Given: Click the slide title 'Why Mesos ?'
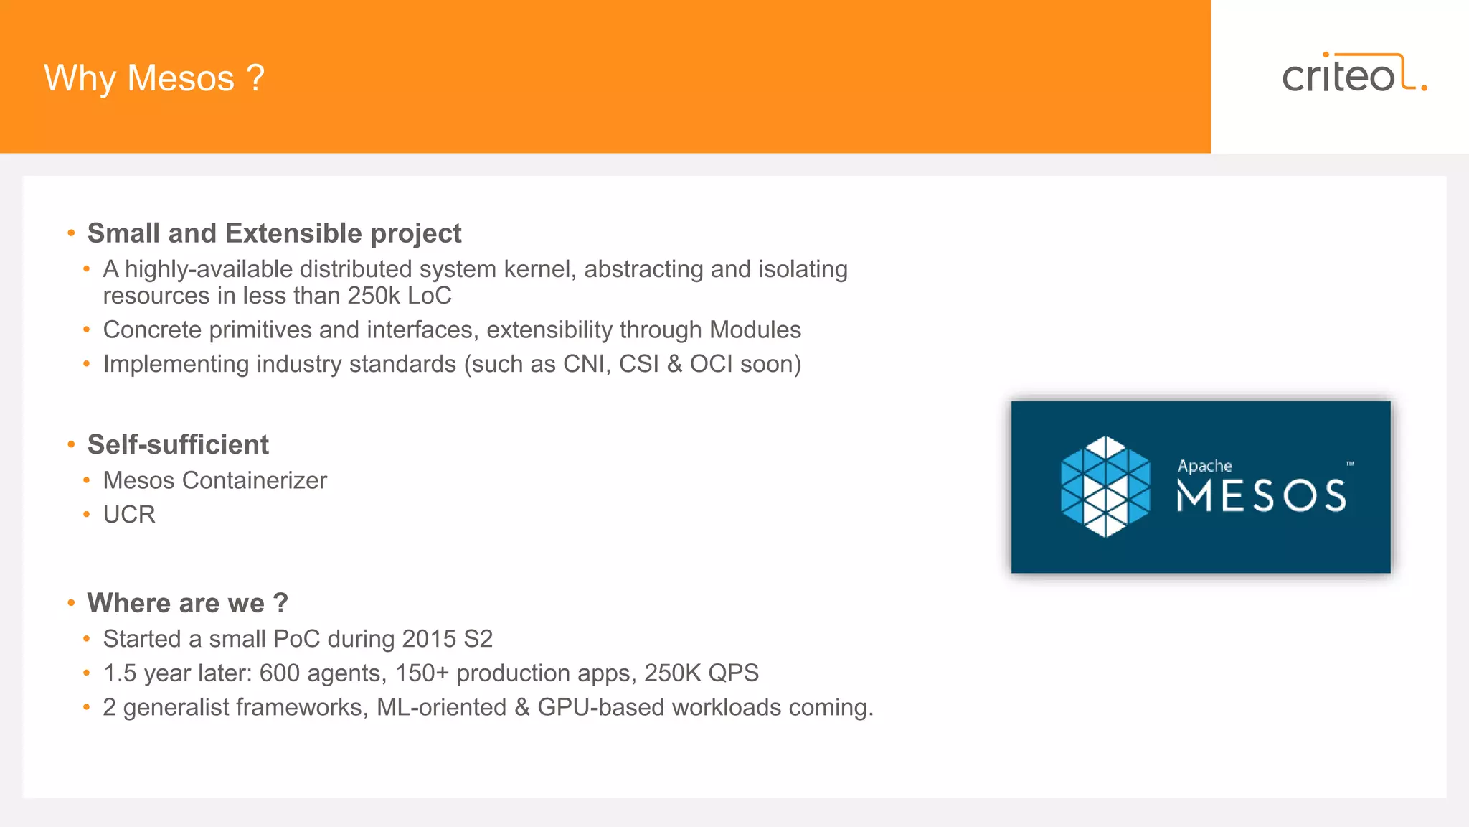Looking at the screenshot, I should pyautogui.click(x=154, y=78).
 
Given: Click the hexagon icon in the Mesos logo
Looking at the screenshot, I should pyautogui.click(x=1105, y=487).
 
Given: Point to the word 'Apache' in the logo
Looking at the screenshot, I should pyautogui.click(x=1204, y=466).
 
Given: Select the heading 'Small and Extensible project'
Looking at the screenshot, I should pyautogui.click(x=274, y=233).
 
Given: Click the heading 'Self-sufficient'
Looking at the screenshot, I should pyautogui.click(x=178, y=444).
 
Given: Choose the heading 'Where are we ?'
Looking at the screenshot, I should pyautogui.click(x=187, y=603).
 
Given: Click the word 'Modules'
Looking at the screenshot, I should pyautogui.click(x=755, y=330).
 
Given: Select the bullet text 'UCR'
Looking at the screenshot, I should pyautogui.click(x=129, y=515).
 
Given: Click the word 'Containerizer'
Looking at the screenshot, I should pyautogui.click(x=255, y=480).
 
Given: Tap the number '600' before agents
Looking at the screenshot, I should pyautogui.click(x=280, y=673).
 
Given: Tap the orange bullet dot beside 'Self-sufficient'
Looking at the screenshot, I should pyautogui.click(x=71, y=445).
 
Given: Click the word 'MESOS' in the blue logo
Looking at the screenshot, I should pyautogui.click(x=1261, y=496).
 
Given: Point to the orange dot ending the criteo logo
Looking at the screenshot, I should pyautogui.click(x=1424, y=88).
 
